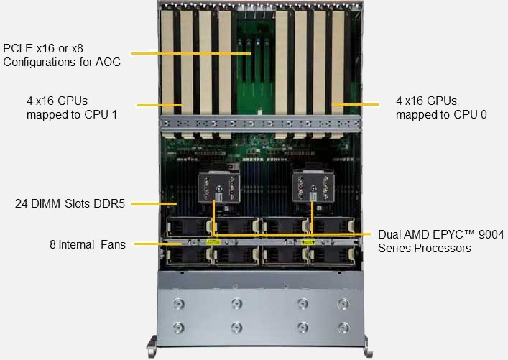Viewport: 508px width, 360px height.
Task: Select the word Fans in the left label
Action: click(113, 244)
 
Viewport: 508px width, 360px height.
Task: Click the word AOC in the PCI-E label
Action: click(108, 62)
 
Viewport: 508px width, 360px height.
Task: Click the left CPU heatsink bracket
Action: click(219, 188)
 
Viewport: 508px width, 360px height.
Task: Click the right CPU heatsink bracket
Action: click(313, 188)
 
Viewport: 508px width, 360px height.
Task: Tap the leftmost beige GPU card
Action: click(167, 63)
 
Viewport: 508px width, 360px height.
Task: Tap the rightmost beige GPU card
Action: click(338, 63)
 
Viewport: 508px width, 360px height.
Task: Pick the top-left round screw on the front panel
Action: click(178, 304)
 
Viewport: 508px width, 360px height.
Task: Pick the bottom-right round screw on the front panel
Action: click(343, 327)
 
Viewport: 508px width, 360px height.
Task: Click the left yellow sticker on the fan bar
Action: click(213, 241)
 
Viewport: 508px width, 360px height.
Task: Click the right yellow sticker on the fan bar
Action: click(308, 241)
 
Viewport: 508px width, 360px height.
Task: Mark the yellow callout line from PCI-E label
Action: click(191, 53)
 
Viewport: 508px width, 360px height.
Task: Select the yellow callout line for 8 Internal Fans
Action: click(158, 244)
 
